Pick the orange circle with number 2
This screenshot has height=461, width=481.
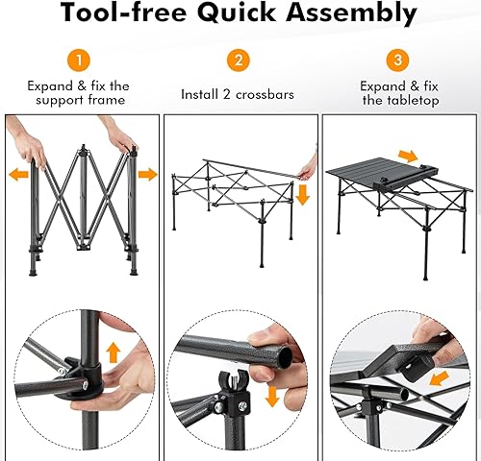point(238,60)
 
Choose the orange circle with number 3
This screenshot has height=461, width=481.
point(396,60)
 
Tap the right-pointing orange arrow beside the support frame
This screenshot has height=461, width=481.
point(147,175)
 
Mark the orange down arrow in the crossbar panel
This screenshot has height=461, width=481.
point(303,195)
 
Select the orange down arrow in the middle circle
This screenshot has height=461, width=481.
point(272,395)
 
